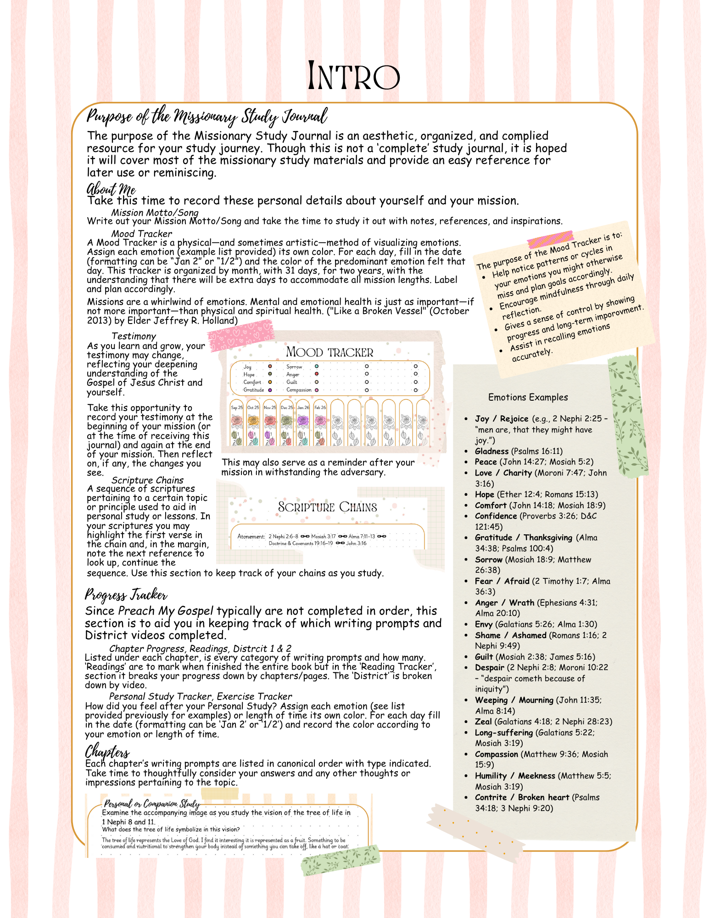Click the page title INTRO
pyautogui.click(x=354, y=76)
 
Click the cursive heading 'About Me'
pyautogui.click(x=111, y=189)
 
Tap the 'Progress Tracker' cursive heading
pyautogui.click(x=126, y=595)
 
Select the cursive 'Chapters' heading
pyautogui.click(x=107, y=751)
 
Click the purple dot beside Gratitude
pyautogui.click(x=270, y=390)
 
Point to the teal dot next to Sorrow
pyautogui.click(x=317, y=366)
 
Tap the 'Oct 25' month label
pyautogui.click(x=253, y=407)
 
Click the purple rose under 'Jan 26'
pyautogui.click(x=303, y=420)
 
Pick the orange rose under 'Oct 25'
pyautogui.click(x=253, y=420)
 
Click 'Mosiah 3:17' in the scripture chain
pyautogui.click(x=323, y=536)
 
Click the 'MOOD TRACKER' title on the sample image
pyautogui.click(x=329, y=353)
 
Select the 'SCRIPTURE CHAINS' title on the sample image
pyautogui.click(x=327, y=507)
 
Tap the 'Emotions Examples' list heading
pyautogui.click(x=528, y=397)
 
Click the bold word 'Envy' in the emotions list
pyautogui.click(x=483, y=624)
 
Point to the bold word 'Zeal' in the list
pyautogui.click(x=483, y=722)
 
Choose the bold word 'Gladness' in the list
pyautogui.click(x=491, y=451)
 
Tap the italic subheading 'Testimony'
pyautogui.click(x=134, y=336)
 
